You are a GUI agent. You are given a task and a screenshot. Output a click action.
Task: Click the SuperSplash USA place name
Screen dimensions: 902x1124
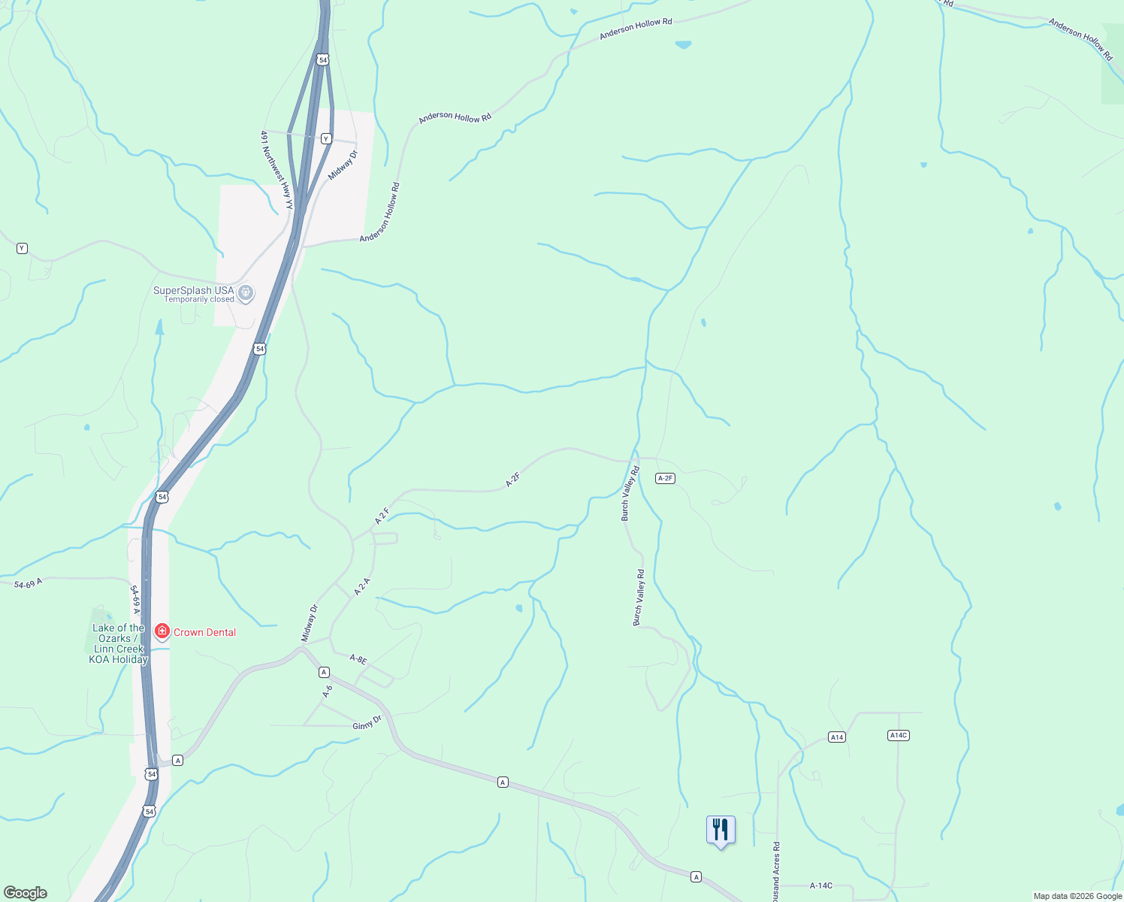[x=193, y=290]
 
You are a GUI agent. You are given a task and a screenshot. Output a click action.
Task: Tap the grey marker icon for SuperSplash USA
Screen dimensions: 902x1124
[x=246, y=292]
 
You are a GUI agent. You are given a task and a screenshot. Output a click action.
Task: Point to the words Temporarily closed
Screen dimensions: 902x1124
[x=199, y=300]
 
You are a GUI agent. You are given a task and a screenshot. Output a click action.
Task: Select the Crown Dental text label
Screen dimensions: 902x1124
[x=204, y=632]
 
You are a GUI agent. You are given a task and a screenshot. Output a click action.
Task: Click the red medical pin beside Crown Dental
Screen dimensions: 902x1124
[x=162, y=631]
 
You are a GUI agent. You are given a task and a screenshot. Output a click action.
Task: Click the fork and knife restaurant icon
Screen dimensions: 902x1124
[x=721, y=830]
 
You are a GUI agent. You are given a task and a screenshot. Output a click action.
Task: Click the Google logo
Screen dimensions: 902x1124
[x=26, y=893]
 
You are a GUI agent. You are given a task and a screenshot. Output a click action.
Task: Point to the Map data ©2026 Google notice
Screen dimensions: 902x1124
[x=1077, y=896]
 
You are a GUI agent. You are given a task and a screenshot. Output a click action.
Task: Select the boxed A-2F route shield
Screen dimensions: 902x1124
[x=665, y=478]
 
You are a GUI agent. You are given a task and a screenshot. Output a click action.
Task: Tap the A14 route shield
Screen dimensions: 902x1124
[x=837, y=737]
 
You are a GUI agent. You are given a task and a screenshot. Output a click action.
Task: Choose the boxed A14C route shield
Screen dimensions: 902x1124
[x=899, y=735]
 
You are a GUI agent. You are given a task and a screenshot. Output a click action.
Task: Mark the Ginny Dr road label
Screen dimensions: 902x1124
[x=367, y=723]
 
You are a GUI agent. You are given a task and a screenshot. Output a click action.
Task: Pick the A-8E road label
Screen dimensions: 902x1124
[x=358, y=659]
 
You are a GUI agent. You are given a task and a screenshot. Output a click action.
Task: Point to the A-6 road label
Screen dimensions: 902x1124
[x=328, y=691]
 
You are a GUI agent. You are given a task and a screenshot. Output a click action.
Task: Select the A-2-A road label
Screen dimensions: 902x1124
[x=362, y=587]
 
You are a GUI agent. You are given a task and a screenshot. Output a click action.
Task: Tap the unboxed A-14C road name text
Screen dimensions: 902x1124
[x=820, y=886]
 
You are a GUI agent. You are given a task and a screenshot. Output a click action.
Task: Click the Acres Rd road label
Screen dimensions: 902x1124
[x=776, y=872]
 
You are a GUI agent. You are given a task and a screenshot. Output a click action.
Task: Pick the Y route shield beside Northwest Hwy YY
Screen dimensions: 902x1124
[x=326, y=138]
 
